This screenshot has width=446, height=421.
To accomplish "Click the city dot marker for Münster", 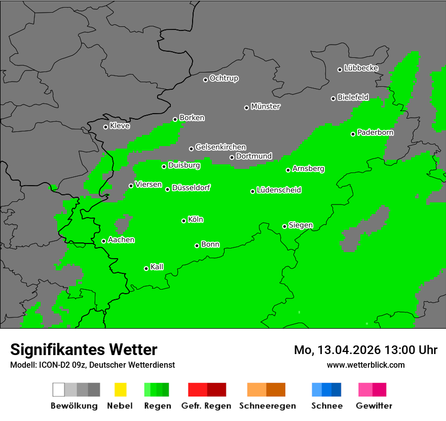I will click(x=246, y=108).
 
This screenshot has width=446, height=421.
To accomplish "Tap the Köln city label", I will click(x=196, y=220).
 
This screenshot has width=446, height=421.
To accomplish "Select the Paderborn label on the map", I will click(x=375, y=132).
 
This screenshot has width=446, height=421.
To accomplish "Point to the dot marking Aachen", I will click(x=103, y=241).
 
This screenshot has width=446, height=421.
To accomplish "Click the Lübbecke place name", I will click(x=361, y=68).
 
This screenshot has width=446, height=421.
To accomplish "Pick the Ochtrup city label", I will click(x=224, y=78).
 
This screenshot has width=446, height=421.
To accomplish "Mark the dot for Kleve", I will click(x=105, y=127).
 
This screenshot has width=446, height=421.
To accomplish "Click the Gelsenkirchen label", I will click(x=220, y=147).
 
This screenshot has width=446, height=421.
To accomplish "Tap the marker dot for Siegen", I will click(x=284, y=226).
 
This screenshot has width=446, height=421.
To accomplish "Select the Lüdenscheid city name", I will click(x=279, y=190).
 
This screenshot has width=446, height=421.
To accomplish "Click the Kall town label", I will click(x=157, y=267).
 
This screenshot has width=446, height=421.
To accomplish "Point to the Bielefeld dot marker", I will click(x=333, y=98).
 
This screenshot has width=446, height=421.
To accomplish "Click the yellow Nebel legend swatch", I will click(x=120, y=390).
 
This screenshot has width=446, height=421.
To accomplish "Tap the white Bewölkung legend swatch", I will click(x=58, y=390).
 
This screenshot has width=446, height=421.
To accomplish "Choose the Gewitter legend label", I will click(x=374, y=406).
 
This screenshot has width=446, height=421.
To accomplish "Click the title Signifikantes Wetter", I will click(x=84, y=349).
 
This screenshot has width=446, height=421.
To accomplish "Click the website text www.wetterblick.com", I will click(x=365, y=365).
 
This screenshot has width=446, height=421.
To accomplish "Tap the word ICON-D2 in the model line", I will click(x=53, y=365).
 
